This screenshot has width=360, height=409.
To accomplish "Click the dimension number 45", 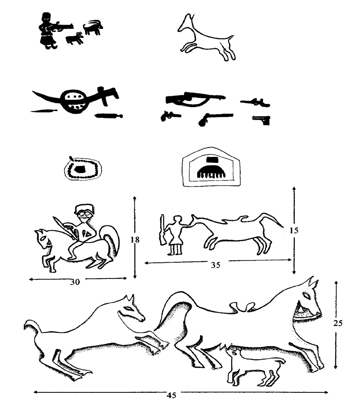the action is [x=171, y=396].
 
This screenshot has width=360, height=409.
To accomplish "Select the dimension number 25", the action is [x=337, y=323].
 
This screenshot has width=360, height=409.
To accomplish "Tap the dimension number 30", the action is [x=75, y=282].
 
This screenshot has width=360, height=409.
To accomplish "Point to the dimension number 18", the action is [x=135, y=239].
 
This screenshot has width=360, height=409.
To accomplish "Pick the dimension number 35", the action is [x=216, y=265].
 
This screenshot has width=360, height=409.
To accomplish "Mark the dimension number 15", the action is [x=294, y=230].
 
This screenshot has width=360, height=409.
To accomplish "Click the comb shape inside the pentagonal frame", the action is [x=210, y=172].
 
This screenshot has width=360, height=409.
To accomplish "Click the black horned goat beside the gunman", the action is [x=93, y=27].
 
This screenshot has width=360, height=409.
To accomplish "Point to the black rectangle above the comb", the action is [x=212, y=160].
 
